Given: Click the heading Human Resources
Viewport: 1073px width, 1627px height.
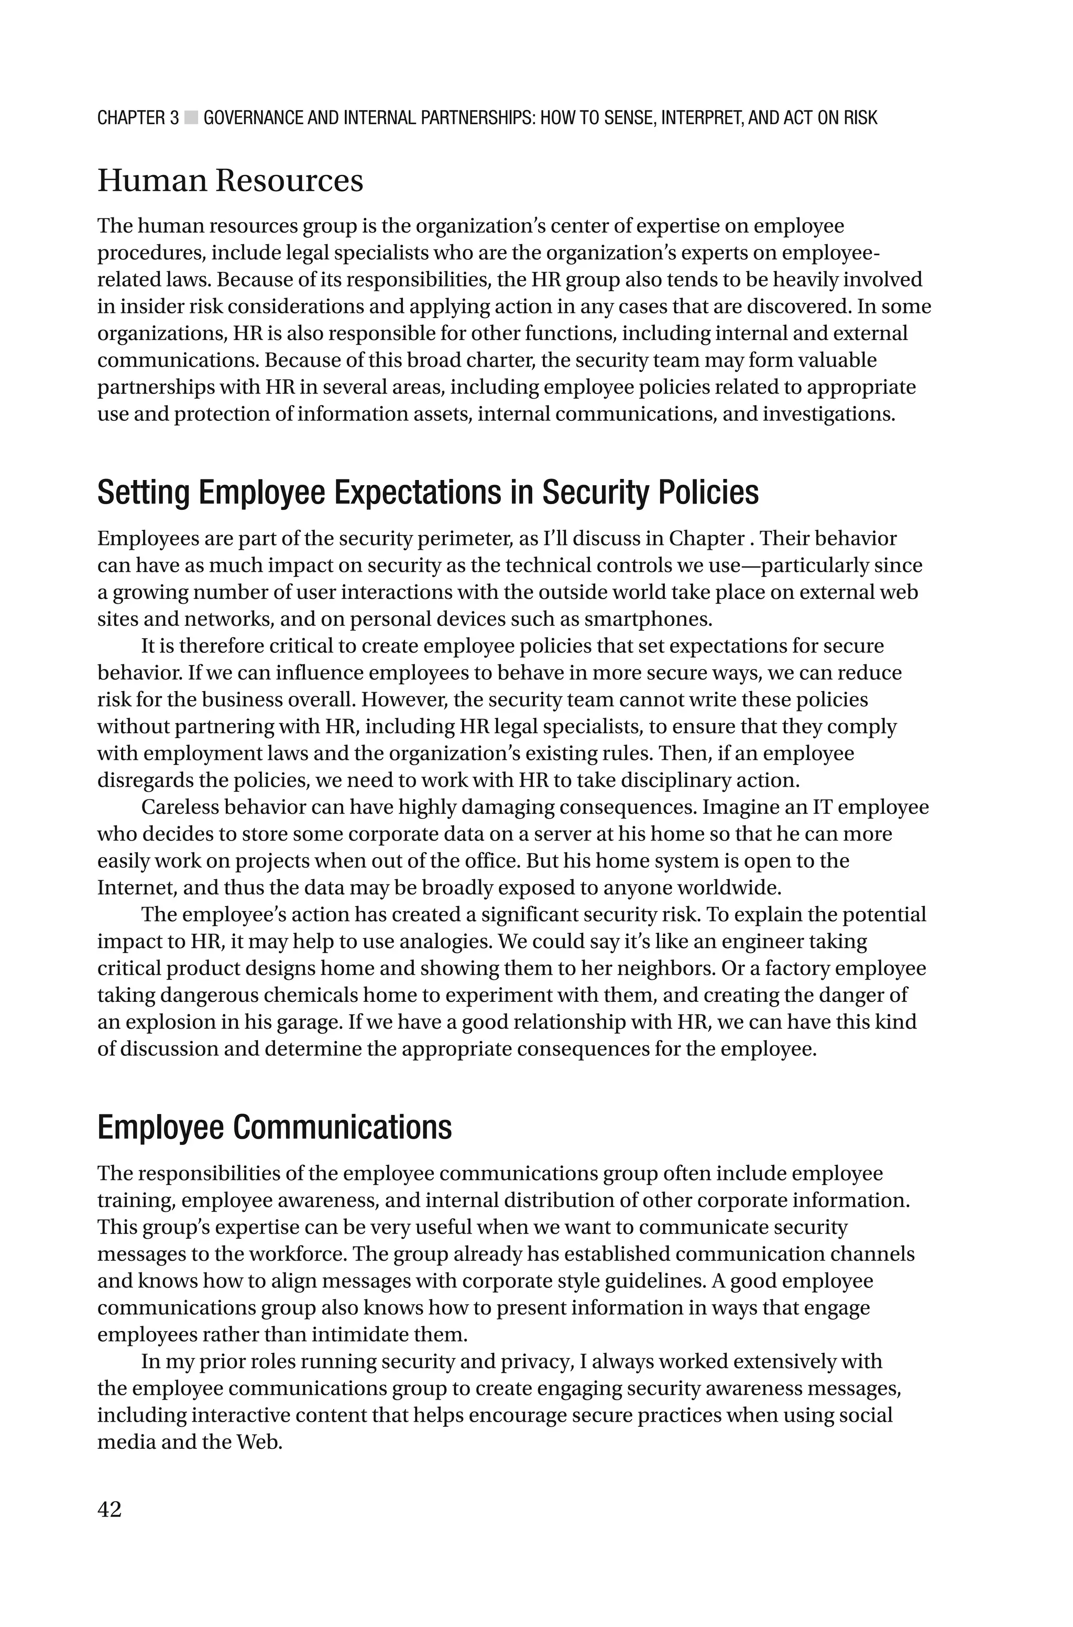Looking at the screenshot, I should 230,181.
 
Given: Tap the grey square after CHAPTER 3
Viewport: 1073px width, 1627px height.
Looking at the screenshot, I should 191,118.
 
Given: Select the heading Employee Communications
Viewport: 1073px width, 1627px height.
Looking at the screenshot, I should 275,1127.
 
